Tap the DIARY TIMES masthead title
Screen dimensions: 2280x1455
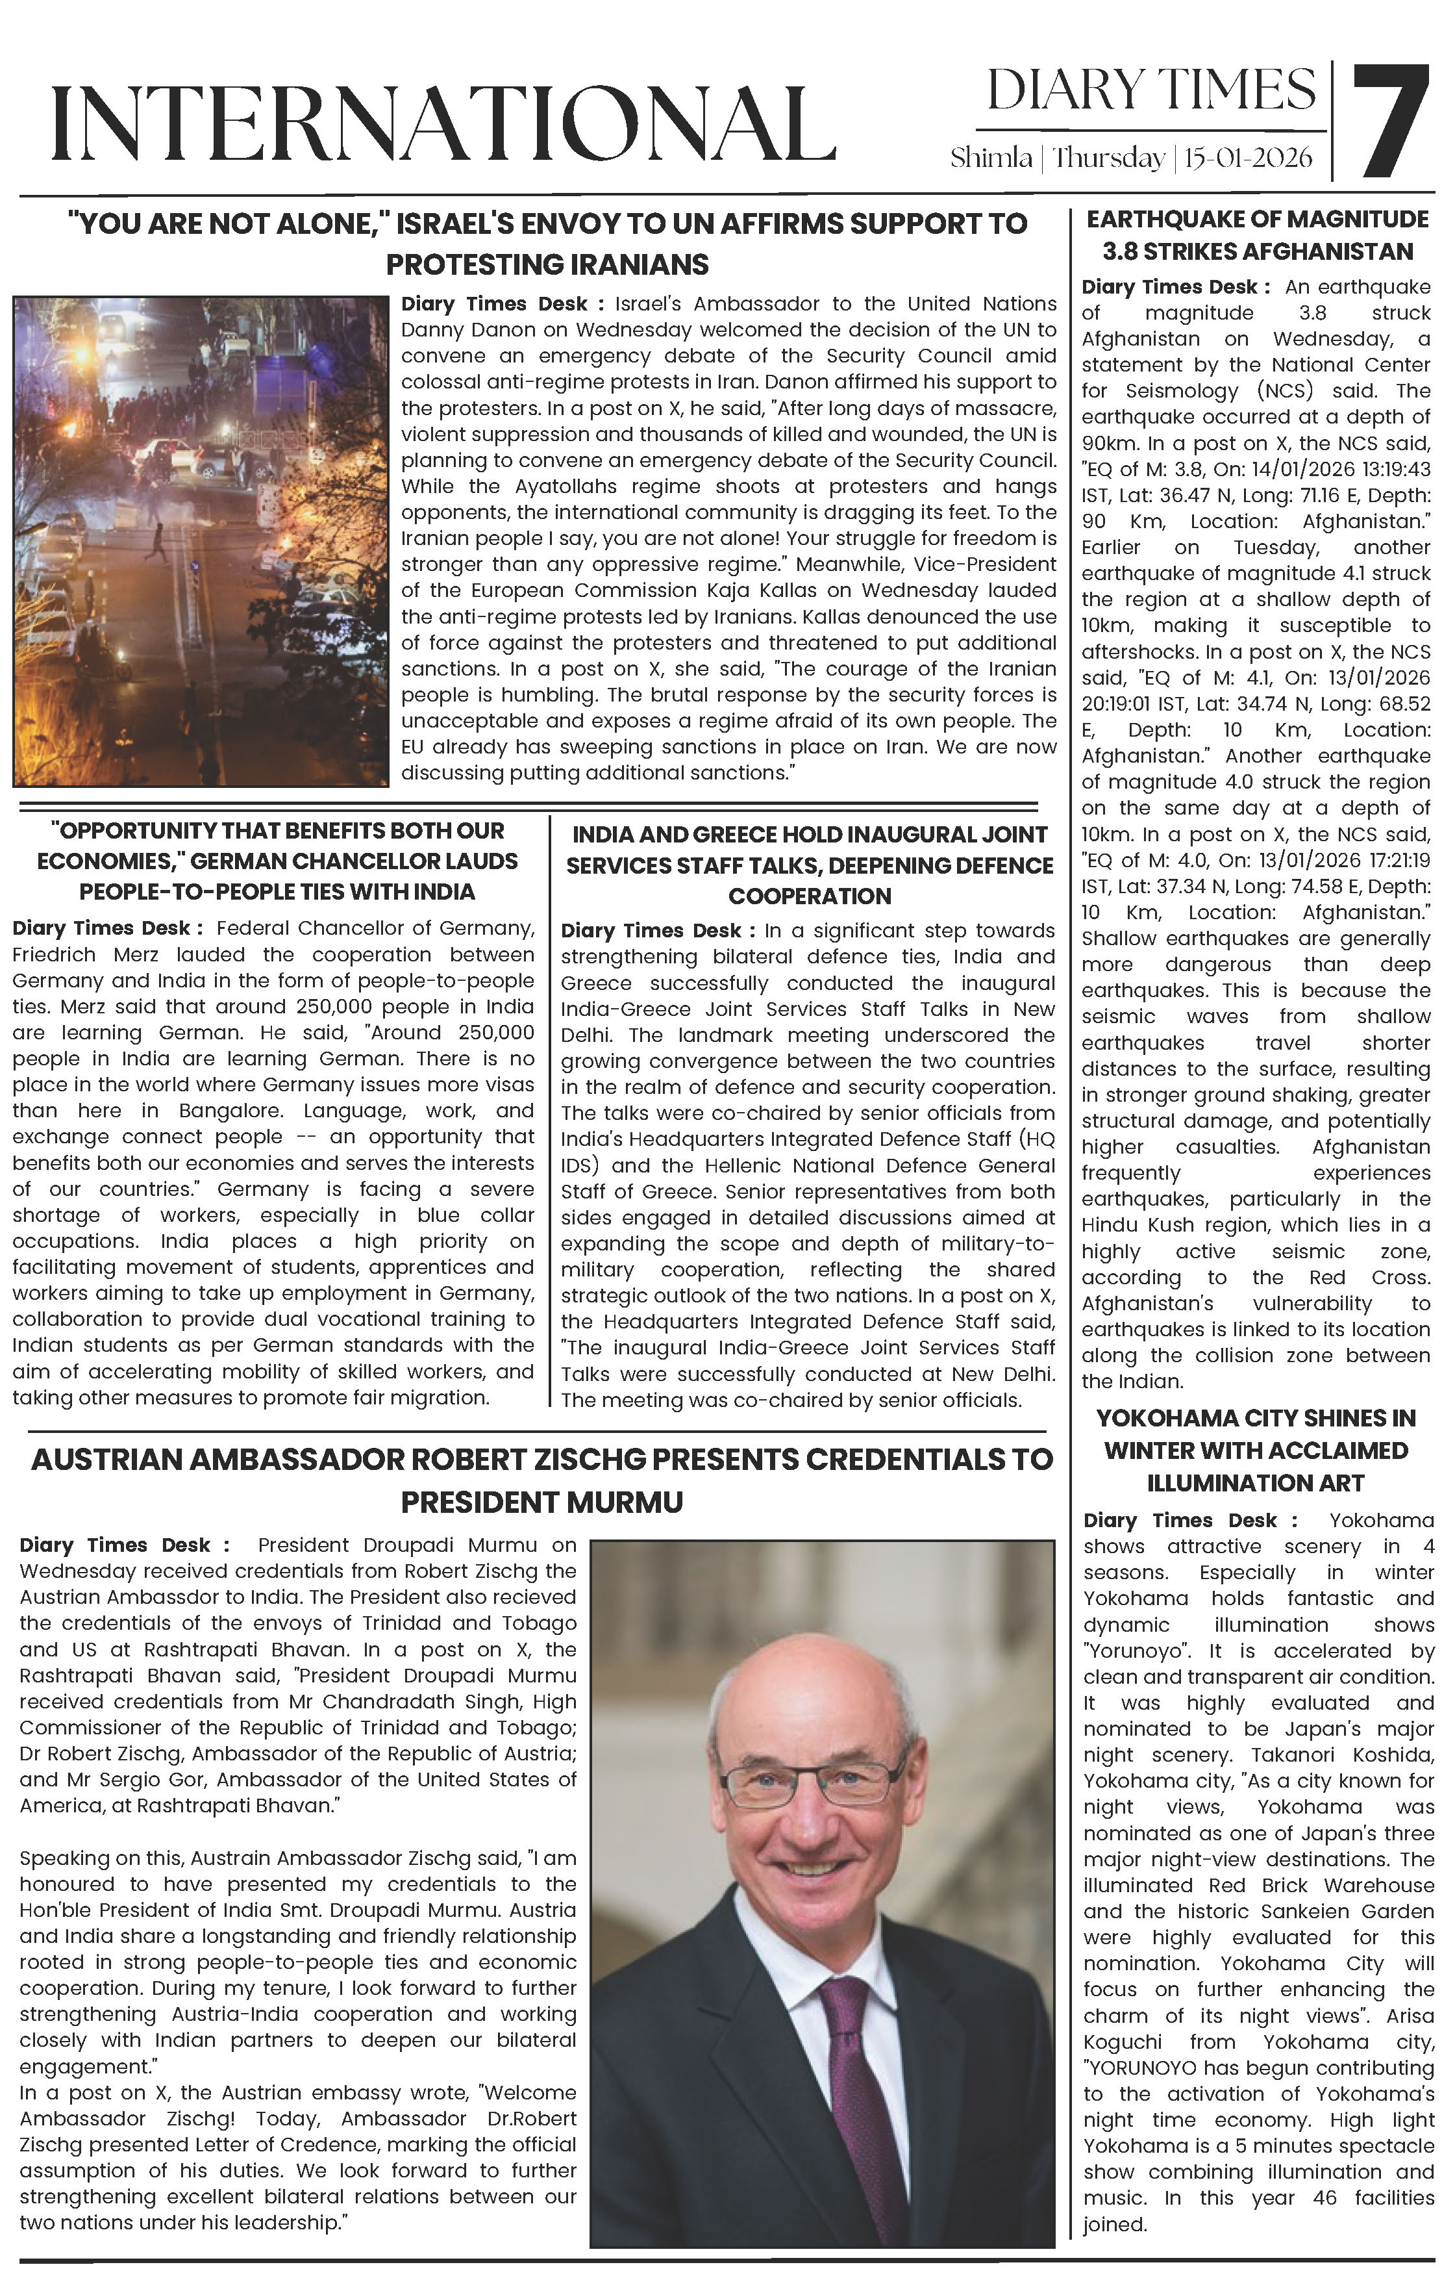(x=1150, y=91)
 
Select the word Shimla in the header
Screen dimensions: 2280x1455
(x=990, y=158)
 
